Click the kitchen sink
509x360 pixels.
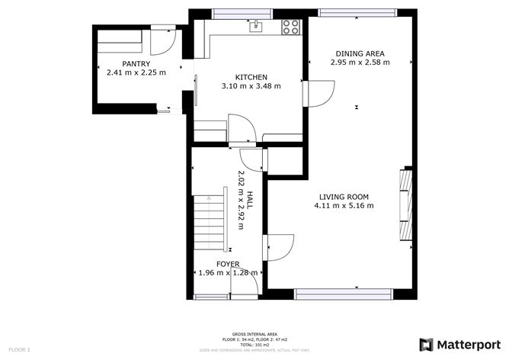coord(257,27)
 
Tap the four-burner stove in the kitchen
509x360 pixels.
coord(290,27)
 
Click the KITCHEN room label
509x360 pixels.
coord(251,77)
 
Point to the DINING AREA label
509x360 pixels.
coord(360,53)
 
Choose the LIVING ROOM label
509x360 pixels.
coord(345,197)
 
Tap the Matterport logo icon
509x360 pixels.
coord(427,342)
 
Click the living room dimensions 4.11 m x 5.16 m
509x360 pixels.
coord(345,206)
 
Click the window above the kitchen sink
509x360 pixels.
coord(240,12)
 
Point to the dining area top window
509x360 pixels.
coord(357,12)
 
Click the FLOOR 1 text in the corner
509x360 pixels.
coord(19,349)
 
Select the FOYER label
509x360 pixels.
coord(227,264)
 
